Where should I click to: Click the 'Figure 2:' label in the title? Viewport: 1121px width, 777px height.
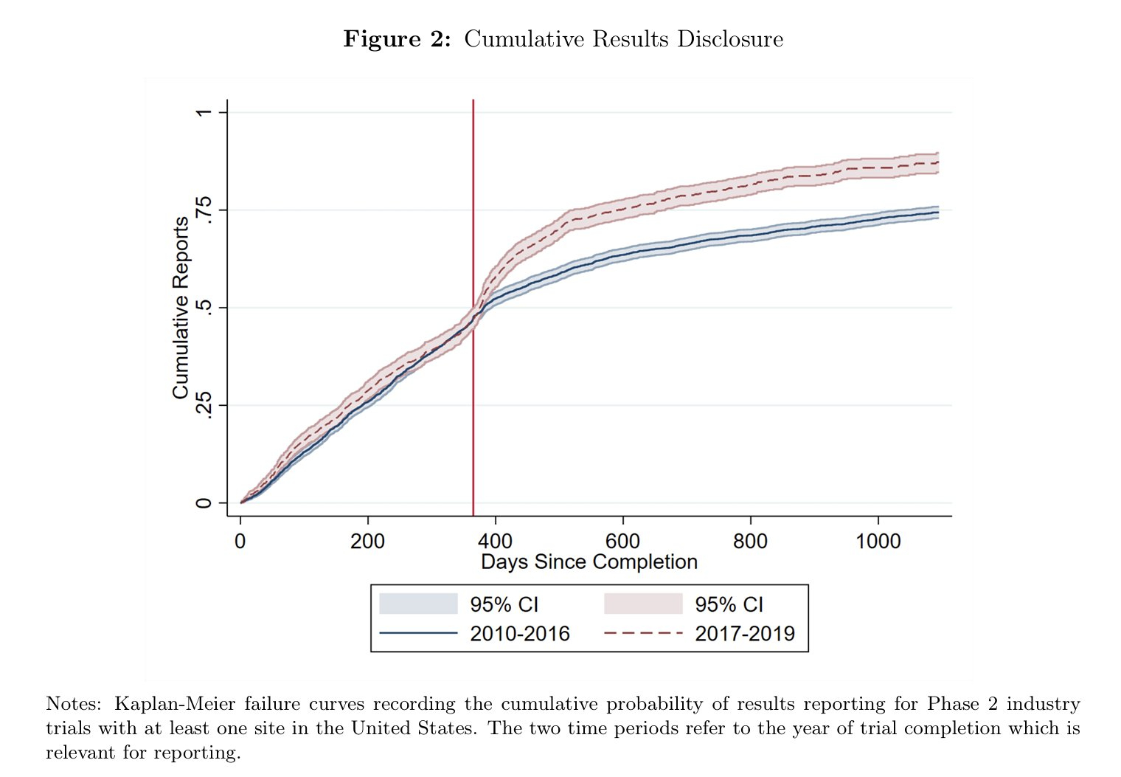pos(397,38)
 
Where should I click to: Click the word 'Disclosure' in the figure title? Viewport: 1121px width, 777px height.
pos(730,38)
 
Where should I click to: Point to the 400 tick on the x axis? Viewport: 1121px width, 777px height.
pos(495,541)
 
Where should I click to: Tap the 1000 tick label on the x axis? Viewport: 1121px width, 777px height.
pos(878,541)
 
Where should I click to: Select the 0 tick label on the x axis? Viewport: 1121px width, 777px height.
pos(240,541)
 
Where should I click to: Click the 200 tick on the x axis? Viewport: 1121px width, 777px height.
pos(367,541)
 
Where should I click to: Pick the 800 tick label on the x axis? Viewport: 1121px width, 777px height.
pos(750,541)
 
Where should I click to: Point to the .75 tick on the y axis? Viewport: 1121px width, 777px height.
pos(204,210)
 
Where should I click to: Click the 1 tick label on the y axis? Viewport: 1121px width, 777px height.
pos(204,112)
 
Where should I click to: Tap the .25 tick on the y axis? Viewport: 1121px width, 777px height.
pos(204,405)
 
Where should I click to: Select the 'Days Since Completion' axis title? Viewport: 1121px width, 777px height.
pos(589,562)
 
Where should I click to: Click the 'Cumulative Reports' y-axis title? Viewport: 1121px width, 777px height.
pos(181,308)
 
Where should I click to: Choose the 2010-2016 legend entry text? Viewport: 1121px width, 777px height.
pos(520,634)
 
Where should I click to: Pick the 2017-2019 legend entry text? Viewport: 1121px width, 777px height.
pos(745,634)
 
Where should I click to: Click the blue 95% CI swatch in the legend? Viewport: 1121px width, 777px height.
pos(418,604)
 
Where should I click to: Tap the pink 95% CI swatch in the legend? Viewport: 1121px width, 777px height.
pos(643,604)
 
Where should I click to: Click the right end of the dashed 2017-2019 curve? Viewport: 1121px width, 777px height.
pos(937,162)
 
